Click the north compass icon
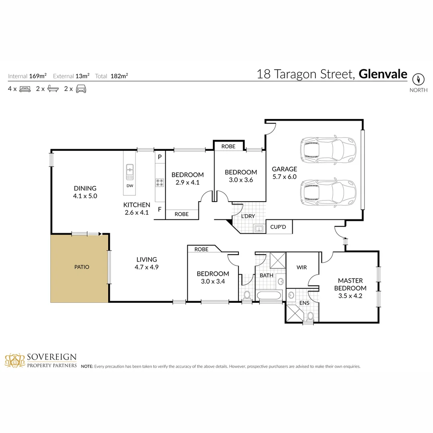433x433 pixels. (418, 79)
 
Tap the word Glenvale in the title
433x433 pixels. (382, 74)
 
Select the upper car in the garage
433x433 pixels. (328, 150)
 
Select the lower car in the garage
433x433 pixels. (328, 192)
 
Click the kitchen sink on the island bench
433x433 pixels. (130, 172)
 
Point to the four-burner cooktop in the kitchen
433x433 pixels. (160, 182)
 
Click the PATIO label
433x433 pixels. (81, 267)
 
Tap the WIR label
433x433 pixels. (301, 267)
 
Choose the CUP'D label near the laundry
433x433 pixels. (277, 227)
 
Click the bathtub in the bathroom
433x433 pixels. (270, 296)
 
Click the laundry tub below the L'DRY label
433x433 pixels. (259, 229)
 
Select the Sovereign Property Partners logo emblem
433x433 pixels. (14, 360)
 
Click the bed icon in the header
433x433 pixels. (25, 89)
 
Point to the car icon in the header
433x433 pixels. (81, 89)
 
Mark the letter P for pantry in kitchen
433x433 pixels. (160, 157)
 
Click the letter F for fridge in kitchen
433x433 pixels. (160, 209)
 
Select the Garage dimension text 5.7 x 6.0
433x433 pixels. (284, 176)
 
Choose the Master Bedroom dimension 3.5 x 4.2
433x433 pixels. (352, 296)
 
